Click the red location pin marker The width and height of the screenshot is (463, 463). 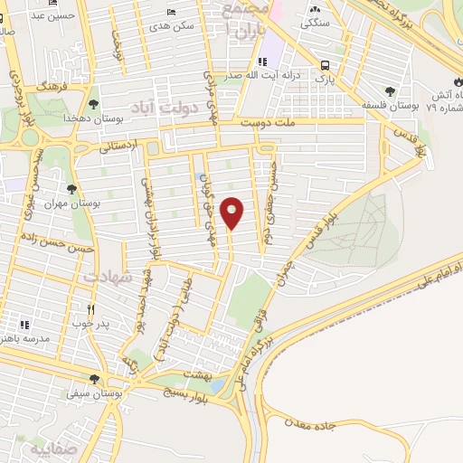(x=233, y=213)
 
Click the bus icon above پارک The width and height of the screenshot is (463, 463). (x=324, y=65)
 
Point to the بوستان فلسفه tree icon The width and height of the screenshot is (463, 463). (x=390, y=91)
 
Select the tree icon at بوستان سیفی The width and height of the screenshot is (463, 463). (x=94, y=380)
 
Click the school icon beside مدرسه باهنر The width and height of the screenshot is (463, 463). (x=25, y=323)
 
